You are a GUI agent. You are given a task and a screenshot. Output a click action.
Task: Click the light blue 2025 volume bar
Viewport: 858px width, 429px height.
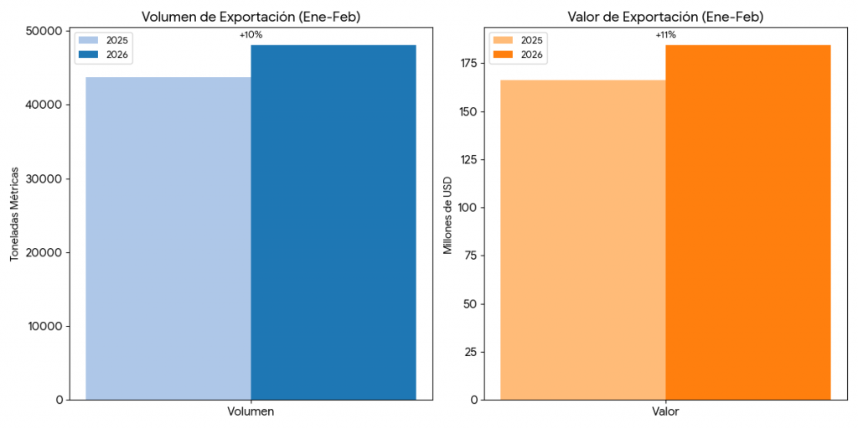tap(168, 239)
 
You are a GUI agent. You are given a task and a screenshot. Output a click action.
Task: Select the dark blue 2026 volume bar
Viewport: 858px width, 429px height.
tap(333, 222)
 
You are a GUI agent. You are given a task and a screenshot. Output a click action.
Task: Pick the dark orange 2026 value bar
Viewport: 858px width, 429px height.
tap(748, 222)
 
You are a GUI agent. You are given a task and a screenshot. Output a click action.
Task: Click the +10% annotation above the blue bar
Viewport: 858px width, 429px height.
tap(251, 35)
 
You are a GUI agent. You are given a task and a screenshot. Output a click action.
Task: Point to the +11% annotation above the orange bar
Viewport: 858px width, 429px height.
tap(665, 35)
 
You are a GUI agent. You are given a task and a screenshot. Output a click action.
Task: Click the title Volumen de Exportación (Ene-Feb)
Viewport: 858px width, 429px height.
tap(251, 17)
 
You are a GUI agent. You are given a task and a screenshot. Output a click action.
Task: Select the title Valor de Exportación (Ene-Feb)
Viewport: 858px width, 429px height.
tap(665, 17)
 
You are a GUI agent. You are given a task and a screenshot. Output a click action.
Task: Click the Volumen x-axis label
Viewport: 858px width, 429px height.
tap(251, 412)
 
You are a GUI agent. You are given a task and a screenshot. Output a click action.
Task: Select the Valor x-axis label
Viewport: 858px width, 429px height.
tap(665, 412)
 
